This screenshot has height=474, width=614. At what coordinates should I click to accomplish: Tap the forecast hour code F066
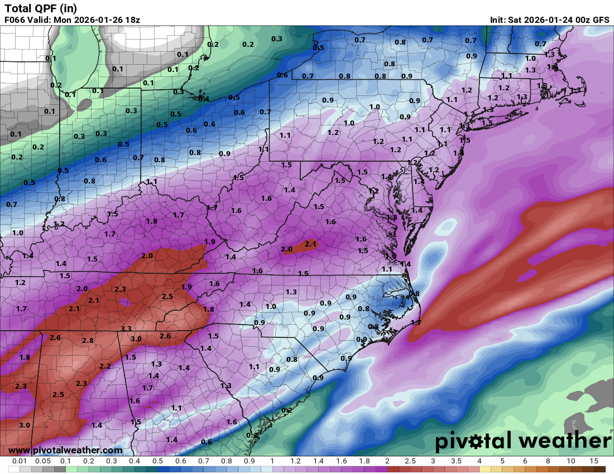point(15,20)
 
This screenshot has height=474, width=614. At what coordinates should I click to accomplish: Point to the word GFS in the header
point(601,20)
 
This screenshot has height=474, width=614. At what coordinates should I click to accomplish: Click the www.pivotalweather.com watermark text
point(65,450)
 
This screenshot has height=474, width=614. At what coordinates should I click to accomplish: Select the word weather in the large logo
point(559,441)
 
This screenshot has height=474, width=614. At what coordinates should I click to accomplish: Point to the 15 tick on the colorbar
point(594,461)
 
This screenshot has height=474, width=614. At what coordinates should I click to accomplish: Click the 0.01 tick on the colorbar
point(20,461)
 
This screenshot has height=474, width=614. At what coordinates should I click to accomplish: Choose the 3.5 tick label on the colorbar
point(456,461)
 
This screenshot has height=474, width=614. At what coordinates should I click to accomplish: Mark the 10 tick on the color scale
point(571,461)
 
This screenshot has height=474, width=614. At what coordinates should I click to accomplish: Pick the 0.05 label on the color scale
point(42,461)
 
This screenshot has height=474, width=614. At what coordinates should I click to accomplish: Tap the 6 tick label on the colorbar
point(525,461)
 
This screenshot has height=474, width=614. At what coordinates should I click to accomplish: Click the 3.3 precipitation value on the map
point(126,329)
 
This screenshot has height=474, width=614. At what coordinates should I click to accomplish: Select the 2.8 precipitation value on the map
point(88,340)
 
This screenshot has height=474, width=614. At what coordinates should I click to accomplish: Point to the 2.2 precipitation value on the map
point(105,366)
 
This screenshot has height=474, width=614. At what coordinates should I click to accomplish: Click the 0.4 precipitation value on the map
point(204,99)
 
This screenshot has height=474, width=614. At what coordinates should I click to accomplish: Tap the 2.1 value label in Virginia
point(311,244)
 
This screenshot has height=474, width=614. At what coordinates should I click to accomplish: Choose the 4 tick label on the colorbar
point(479,461)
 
